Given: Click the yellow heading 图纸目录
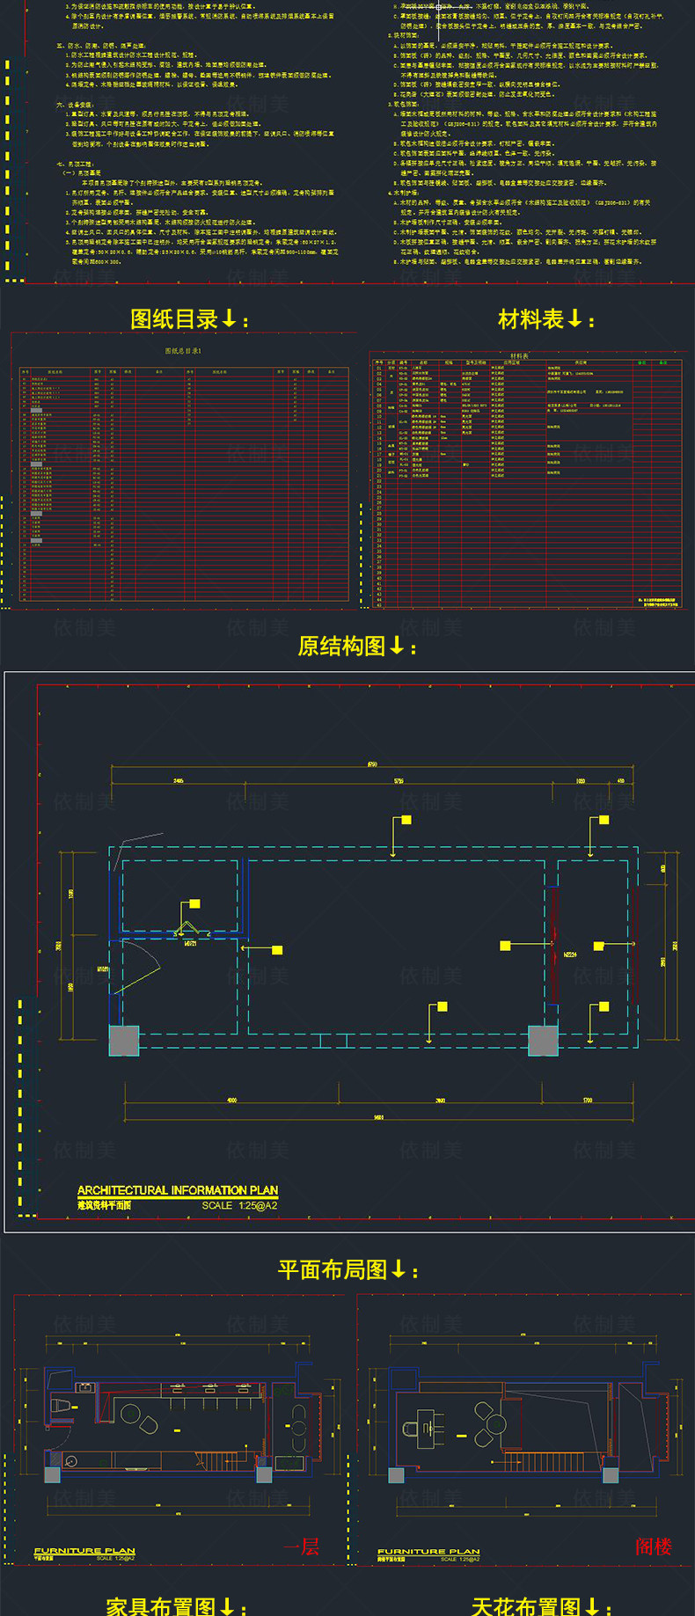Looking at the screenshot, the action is pyautogui.click(x=174, y=319).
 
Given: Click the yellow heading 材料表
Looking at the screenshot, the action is pyautogui.click(x=530, y=319).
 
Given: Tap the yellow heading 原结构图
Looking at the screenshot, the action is pyautogui.click(x=341, y=647).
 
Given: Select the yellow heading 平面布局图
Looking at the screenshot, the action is pyautogui.click(x=333, y=1270).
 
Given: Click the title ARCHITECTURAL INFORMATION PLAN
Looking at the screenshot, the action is pyautogui.click(x=178, y=1190).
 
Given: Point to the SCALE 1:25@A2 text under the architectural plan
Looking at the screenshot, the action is pyautogui.click(x=239, y=1205).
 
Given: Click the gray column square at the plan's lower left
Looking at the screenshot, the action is pyautogui.click(x=124, y=1040).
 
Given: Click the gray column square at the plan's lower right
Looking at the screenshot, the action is pyautogui.click(x=543, y=1040).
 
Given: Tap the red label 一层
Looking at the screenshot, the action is pyautogui.click(x=302, y=1547).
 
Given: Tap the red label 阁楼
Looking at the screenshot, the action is pyautogui.click(x=654, y=1547).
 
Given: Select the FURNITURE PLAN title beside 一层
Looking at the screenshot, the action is pyautogui.click(x=84, y=1551).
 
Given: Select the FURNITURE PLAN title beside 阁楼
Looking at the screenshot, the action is pyautogui.click(x=428, y=1551).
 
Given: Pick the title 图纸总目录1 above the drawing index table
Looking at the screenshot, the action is pyautogui.click(x=183, y=351).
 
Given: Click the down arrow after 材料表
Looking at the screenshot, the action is pyautogui.click(x=575, y=318).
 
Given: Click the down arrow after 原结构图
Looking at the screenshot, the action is pyautogui.click(x=397, y=647).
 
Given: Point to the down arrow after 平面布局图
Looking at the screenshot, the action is pyautogui.click(x=399, y=1269).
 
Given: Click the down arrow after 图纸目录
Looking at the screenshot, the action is pyautogui.click(x=230, y=318).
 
